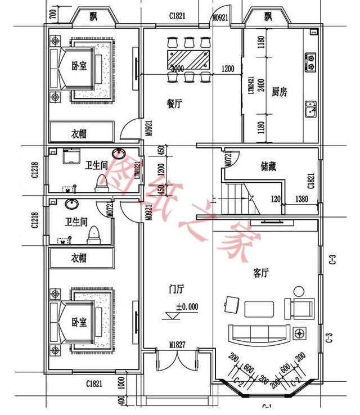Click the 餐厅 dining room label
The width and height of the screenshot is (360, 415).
[x=174, y=103]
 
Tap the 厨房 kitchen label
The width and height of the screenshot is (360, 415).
[x=280, y=92]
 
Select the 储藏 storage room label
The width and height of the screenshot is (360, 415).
[x=268, y=166]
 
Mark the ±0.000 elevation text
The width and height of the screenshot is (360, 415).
[x=187, y=307]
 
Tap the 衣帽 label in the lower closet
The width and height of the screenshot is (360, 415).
[x=79, y=258]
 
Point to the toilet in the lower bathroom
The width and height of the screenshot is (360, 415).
[x=93, y=233]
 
